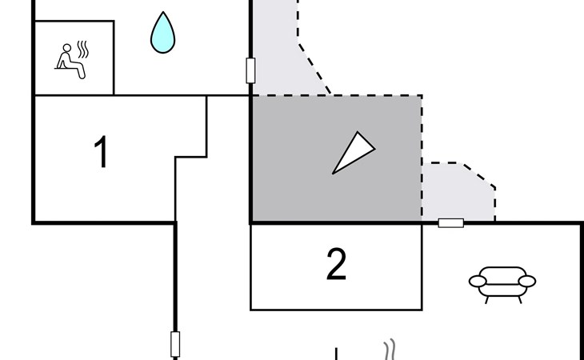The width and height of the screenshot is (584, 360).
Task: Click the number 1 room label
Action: pos(101,152)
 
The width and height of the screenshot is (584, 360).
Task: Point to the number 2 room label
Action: pos(337,265)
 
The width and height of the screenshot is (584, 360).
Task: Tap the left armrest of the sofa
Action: pos(477,281)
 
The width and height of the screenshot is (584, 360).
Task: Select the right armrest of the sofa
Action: pos(526,281)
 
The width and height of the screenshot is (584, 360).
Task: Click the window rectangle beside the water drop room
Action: pos(250,70)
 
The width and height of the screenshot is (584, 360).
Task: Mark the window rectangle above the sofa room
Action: pos(451,222)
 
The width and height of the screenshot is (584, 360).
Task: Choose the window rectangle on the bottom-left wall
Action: pos(175,344)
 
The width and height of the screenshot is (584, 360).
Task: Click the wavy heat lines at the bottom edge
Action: pos(390,350)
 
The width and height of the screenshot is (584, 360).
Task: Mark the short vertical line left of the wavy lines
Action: pos(337,354)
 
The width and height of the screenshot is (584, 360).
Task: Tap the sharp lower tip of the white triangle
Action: pos(334,172)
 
